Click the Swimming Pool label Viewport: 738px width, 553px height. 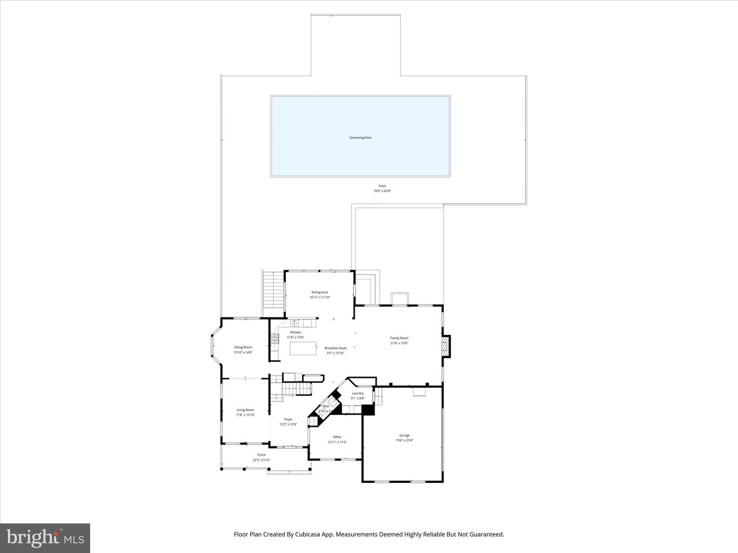[360, 138]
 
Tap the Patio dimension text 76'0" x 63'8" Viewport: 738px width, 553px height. [382, 191]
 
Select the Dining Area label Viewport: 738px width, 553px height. [320, 292]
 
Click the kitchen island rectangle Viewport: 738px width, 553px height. [303, 348]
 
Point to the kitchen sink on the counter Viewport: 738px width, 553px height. [296, 324]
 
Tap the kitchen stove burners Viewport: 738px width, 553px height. [275, 338]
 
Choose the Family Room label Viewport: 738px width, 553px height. [399, 338]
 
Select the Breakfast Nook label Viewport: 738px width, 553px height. [336, 348]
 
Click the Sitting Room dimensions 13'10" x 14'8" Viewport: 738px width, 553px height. [243, 352]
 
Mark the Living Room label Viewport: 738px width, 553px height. [245, 410]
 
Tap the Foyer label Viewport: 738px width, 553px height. [289, 419]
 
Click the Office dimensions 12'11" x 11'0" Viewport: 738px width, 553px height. [337, 442]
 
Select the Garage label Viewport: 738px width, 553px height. [404, 435]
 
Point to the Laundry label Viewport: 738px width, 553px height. [358, 393]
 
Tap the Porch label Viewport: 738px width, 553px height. [261, 455]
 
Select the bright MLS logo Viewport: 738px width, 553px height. [45, 538]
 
